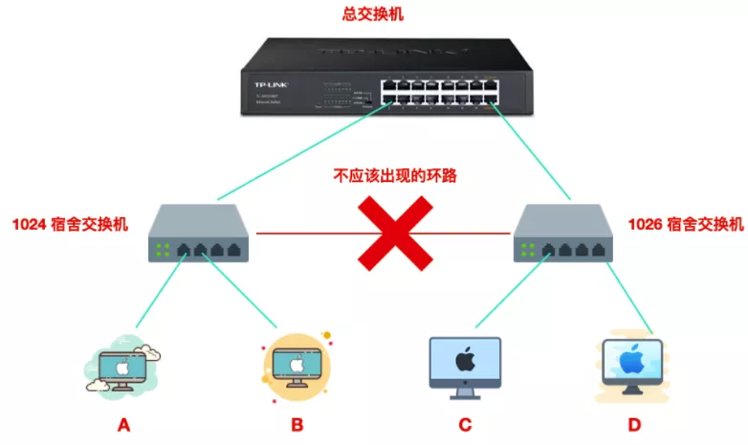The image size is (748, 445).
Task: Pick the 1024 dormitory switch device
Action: pos(201,234)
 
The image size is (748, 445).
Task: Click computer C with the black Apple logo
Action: pos(465,367)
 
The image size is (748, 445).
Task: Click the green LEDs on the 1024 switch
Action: pos(163,251)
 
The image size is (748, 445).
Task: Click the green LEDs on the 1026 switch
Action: pos(525,251)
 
